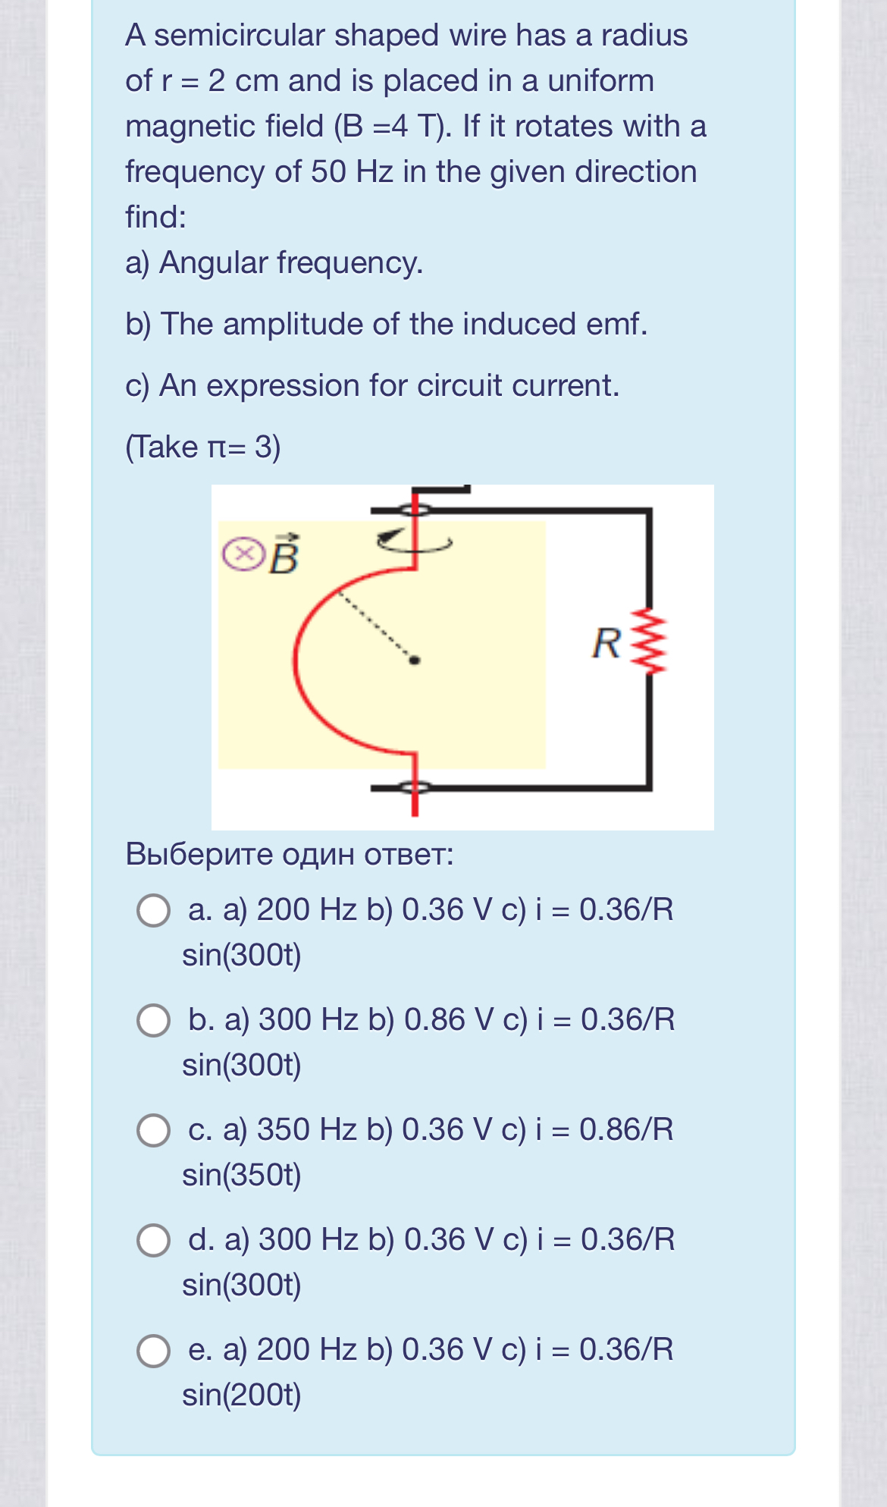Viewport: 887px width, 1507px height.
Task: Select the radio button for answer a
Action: [x=153, y=910]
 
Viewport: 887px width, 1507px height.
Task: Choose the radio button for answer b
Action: [x=153, y=1020]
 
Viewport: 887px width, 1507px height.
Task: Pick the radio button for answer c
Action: [x=153, y=1130]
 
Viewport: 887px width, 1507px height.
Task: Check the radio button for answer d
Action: [x=153, y=1240]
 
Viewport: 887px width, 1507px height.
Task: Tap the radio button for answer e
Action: [x=153, y=1350]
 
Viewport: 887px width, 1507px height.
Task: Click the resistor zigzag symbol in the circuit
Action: [x=650, y=641]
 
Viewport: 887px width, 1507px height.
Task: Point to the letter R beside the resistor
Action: [x=606, y=643]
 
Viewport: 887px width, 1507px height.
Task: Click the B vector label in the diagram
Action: [x=285, y=555]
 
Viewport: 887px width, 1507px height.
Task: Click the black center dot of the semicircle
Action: [x=414, y=661]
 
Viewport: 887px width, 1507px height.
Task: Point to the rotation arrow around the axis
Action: [x=414, y=541]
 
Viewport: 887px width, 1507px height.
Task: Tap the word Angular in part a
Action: [x=214, y=263]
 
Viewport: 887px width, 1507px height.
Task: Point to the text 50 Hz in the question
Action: [x=352, y=172]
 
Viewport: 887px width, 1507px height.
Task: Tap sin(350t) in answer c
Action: [x=242, y=1175]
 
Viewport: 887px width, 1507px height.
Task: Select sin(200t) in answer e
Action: [x=242, y=1395]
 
